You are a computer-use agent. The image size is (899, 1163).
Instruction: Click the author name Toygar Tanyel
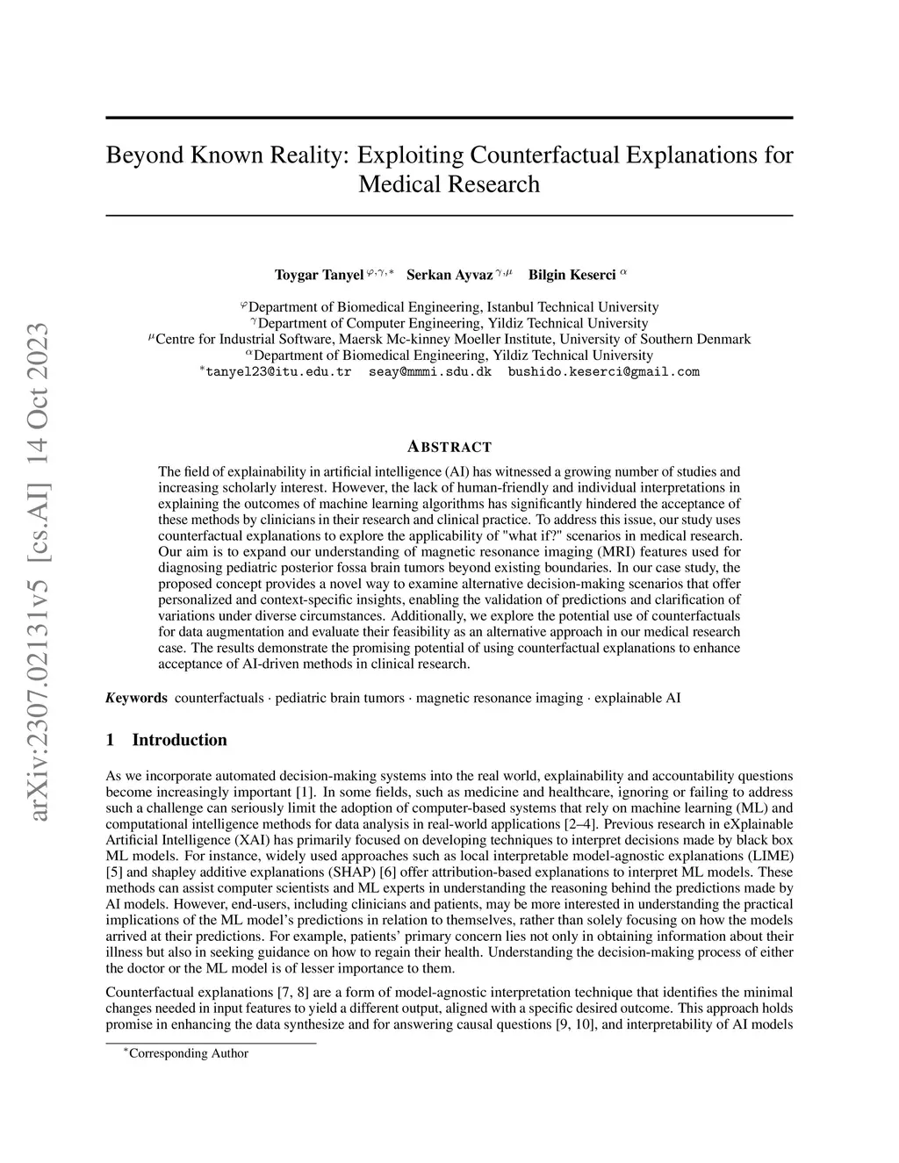pos(319,276)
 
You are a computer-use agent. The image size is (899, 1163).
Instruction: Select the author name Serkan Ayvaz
pos(449,276)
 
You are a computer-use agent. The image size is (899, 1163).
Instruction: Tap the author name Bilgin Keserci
pos(572,276)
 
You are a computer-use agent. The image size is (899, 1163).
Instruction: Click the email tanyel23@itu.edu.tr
pos(278,372)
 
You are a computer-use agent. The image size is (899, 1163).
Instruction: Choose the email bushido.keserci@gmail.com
pos(604,372)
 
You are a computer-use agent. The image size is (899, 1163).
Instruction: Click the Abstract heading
pos(449,447)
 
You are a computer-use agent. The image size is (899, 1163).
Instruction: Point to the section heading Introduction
pos(179,740)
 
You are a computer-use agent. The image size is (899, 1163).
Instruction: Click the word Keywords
pos(136,699)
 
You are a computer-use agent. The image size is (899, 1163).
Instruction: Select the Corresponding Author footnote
pos(188,1053)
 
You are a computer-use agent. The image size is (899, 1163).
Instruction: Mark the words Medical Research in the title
pos(449,184)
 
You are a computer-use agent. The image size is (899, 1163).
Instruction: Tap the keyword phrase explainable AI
pos(637,699)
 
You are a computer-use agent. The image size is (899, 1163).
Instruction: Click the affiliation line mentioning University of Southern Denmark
pos(453,340)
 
